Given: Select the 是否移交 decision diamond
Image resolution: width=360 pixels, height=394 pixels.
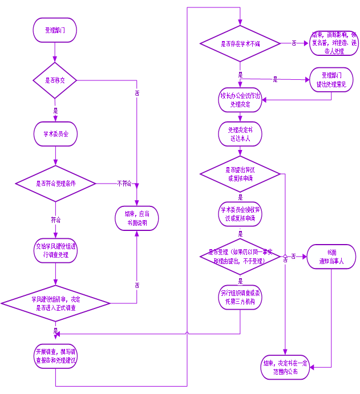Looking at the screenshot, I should (x=55, y=80).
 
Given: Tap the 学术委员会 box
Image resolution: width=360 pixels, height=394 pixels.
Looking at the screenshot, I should (x=55, y=135).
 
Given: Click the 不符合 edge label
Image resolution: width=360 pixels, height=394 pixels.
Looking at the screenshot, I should (x=124, y=184).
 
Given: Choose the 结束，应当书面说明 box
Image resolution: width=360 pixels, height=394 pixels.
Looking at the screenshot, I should (x=136, y=218).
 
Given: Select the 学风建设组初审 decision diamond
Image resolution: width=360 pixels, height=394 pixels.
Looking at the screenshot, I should (x=55, y=302).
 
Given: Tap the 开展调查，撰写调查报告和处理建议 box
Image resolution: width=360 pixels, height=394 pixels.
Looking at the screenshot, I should (x=55, y=356).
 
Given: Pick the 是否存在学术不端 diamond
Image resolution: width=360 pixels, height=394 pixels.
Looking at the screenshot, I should (x=240, y=43).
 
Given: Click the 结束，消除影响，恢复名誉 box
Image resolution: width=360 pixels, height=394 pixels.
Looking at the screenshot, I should (x=334, y=43).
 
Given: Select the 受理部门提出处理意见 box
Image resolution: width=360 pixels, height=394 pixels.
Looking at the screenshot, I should (x=331, y=80).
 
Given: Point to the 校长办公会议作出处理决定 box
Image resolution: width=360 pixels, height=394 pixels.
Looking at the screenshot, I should (x=240, y=100).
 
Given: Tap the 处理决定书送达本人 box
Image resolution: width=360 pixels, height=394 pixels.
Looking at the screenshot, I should (x=240, y=135).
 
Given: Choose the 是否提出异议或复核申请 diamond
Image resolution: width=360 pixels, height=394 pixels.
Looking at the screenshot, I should (x=240, y=174).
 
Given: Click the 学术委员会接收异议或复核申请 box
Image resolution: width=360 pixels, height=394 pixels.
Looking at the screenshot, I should (x=240, y=214).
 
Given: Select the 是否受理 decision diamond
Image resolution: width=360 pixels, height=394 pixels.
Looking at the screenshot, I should (x=240, y=257).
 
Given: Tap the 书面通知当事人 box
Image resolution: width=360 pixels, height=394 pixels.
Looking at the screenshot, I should (x=331, y=257).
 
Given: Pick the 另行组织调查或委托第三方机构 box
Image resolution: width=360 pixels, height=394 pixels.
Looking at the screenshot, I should (x=240, y=297).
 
